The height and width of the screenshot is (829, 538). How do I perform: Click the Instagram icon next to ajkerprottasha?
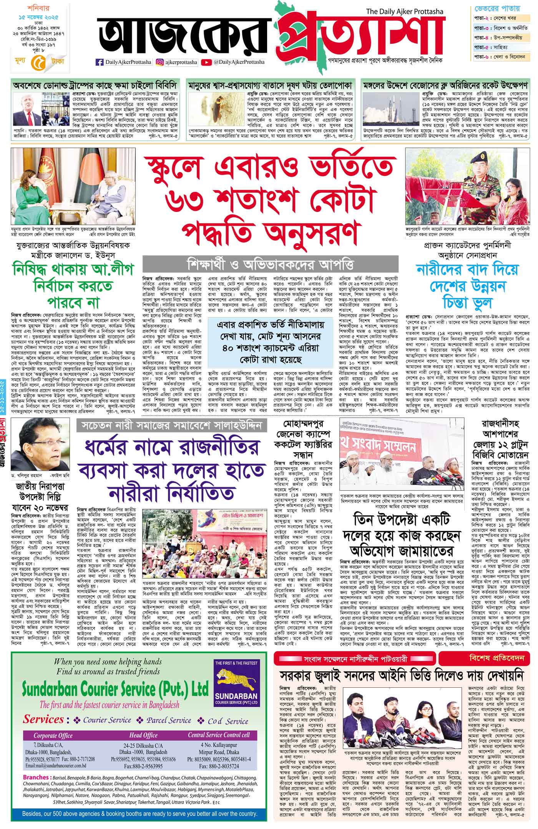coord(159,62)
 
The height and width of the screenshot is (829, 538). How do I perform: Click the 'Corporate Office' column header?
coord(53,735)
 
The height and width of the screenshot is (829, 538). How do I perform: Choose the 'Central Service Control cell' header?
coord(219,735)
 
